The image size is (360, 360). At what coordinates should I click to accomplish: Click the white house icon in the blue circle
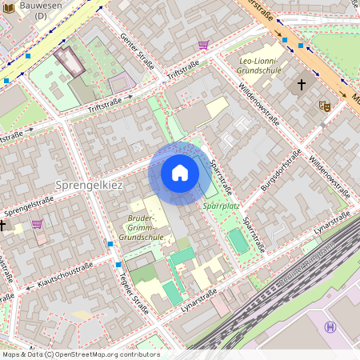coord(180,172)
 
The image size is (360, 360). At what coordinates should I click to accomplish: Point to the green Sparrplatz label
coord(221,205)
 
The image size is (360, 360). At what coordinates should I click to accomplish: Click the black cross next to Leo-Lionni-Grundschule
coord(302,84)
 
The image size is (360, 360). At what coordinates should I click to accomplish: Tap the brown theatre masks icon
coord(325,105)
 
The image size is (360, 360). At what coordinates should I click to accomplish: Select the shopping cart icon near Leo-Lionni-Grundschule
coord(203,45)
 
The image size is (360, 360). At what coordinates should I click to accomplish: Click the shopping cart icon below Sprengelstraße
coord(37,225)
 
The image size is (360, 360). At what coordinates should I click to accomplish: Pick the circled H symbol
coord(330,326)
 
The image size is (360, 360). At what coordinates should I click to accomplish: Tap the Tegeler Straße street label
coord(134,292)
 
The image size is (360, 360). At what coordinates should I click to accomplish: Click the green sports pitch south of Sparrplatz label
coord(238,241)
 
